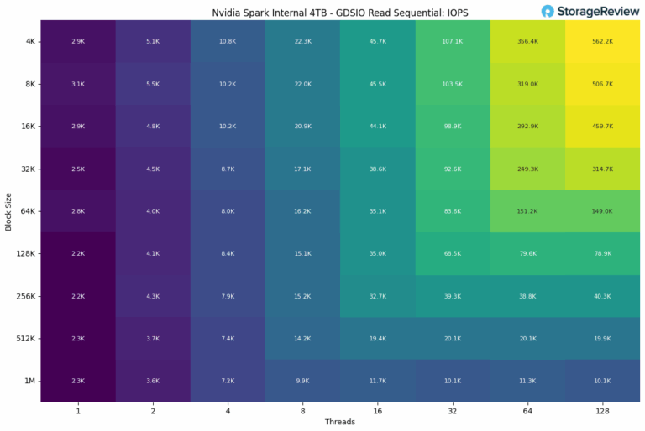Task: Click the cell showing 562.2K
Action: pyautogui.click(x=602, y=40)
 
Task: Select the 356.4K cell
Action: pyautogui.click(x=527, y=40)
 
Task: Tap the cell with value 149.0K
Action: pyautogui.click(x=602, y=211)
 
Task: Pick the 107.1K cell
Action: pyautogui.click(x=453, y=40)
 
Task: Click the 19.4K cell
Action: pyautogui.click(x=377, y=339)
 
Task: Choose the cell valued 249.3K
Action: pyautogui.click(x=527, y=169)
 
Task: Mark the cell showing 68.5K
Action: pyautogui.click(x=453, y=253)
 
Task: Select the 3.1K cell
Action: pyautogui.click(x=77, y=83)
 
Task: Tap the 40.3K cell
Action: pyautogui.click(x=602, y=296)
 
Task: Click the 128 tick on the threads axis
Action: pyautogui.click(x=602, y=411)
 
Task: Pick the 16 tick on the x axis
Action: pyautogui.click(x=377, y=411)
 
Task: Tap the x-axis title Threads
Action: pyautogui.click(x=339, y=422)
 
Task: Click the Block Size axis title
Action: pyautogui.click(x=8, y=210)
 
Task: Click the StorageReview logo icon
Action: pyautogui.click(x=548, y=11)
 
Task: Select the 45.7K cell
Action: pyautogui.click(x=377, y=40)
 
